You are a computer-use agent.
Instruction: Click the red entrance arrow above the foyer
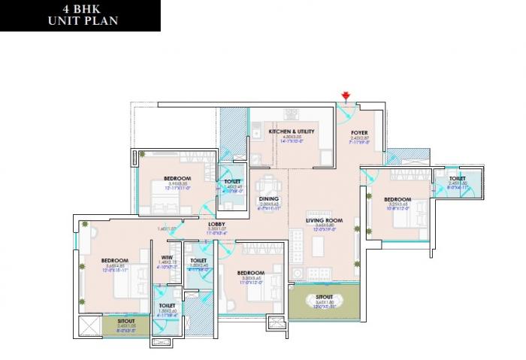click(346, 96)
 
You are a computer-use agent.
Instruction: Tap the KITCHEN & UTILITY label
click(291, 132)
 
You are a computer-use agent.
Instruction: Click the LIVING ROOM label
click(324, 220)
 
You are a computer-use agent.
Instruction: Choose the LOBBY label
click(217, 224)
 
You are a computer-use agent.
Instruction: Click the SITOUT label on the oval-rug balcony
click(325, 298)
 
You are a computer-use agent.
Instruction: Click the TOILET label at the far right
click(458, 178)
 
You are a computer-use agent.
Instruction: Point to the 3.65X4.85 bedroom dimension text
click(114, 265)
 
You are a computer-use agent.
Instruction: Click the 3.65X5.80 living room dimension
click(324, 225)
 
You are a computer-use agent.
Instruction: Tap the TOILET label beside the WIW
click(198, 261)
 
